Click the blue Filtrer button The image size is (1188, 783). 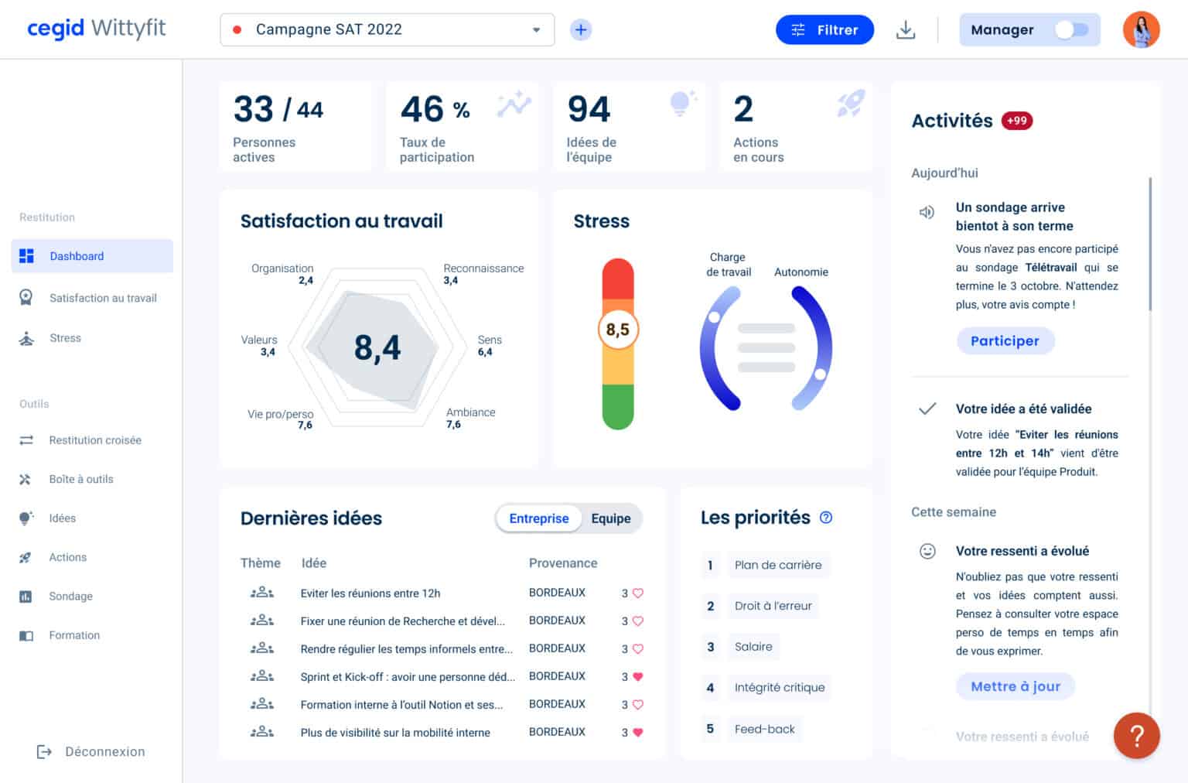pos(824,30)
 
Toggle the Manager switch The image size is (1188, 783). pos(1071,30)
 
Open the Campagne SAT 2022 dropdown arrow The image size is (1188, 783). pos(536,30)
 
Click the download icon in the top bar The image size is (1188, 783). pos(905,30)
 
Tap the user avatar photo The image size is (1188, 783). pos(1141,30)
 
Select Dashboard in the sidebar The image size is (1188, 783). pos(77,256)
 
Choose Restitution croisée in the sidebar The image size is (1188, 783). pos(95,440)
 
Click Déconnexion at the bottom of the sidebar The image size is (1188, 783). pos(104,751)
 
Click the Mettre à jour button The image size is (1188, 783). pos(1015,686)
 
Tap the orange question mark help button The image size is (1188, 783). pos(1136,735)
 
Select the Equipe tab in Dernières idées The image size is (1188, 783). pos(610,518)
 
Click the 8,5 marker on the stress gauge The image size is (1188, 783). pos(618,330)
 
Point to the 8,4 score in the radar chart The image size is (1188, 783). pos(377,348)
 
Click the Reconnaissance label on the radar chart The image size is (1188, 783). pos(483,268)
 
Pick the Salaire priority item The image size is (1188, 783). pos(753,647)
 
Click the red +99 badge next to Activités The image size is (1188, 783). pos(1016,121)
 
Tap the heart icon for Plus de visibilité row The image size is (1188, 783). pos(638,732)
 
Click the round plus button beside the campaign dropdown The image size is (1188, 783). pos(581,30)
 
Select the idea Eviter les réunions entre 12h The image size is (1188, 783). pos(370,593)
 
